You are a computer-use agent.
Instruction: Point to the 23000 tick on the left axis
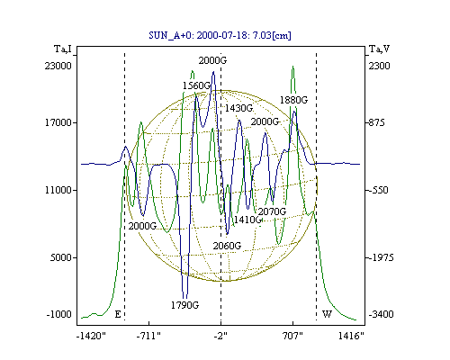pos(58,66)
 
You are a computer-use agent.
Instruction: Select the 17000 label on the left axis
pos(58,122)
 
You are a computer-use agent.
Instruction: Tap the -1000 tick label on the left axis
pos(59,314)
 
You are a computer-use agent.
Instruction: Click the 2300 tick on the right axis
pos(379,66)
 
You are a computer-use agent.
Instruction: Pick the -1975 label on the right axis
pos(380,257)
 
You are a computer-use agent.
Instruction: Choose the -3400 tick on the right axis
pos(380,314)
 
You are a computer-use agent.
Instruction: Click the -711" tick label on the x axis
pos(148,336)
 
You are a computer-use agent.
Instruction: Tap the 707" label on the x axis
pos(292,336)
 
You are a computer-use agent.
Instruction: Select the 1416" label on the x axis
pos(351,336)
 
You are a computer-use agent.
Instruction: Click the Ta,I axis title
pos(63,49)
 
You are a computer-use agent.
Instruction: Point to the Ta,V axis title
pos(380,49)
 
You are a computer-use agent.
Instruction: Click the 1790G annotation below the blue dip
pos(185,305)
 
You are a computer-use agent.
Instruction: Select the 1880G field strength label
pos(293,100)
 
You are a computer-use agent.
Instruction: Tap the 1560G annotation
pos(196,85)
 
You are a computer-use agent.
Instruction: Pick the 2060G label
pos(227,246)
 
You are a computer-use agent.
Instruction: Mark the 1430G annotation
pos(238,108)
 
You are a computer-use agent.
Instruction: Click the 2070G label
pos(272,211)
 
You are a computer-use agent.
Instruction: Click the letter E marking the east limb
pos(118,314)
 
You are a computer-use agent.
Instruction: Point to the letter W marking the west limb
pos(327,314)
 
